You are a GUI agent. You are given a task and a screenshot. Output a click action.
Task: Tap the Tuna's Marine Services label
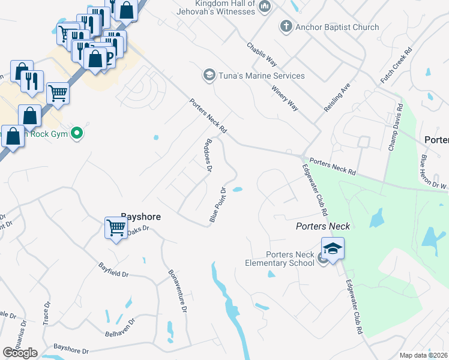tap(262, 76)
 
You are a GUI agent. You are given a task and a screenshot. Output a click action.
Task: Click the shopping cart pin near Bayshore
tap(115, 227)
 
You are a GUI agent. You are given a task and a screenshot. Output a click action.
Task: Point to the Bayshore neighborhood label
tap(140, 216)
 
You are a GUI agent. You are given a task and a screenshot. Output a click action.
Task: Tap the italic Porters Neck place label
tap(322, 226)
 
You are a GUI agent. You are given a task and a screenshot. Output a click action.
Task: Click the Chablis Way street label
tap(262, 54)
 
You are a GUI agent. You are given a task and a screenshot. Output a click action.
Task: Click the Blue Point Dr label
tap(217, 205)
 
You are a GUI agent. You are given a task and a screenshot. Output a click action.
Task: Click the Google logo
tap(20, 353)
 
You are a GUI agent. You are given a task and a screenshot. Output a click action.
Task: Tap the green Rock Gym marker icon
tap(76, 133)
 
